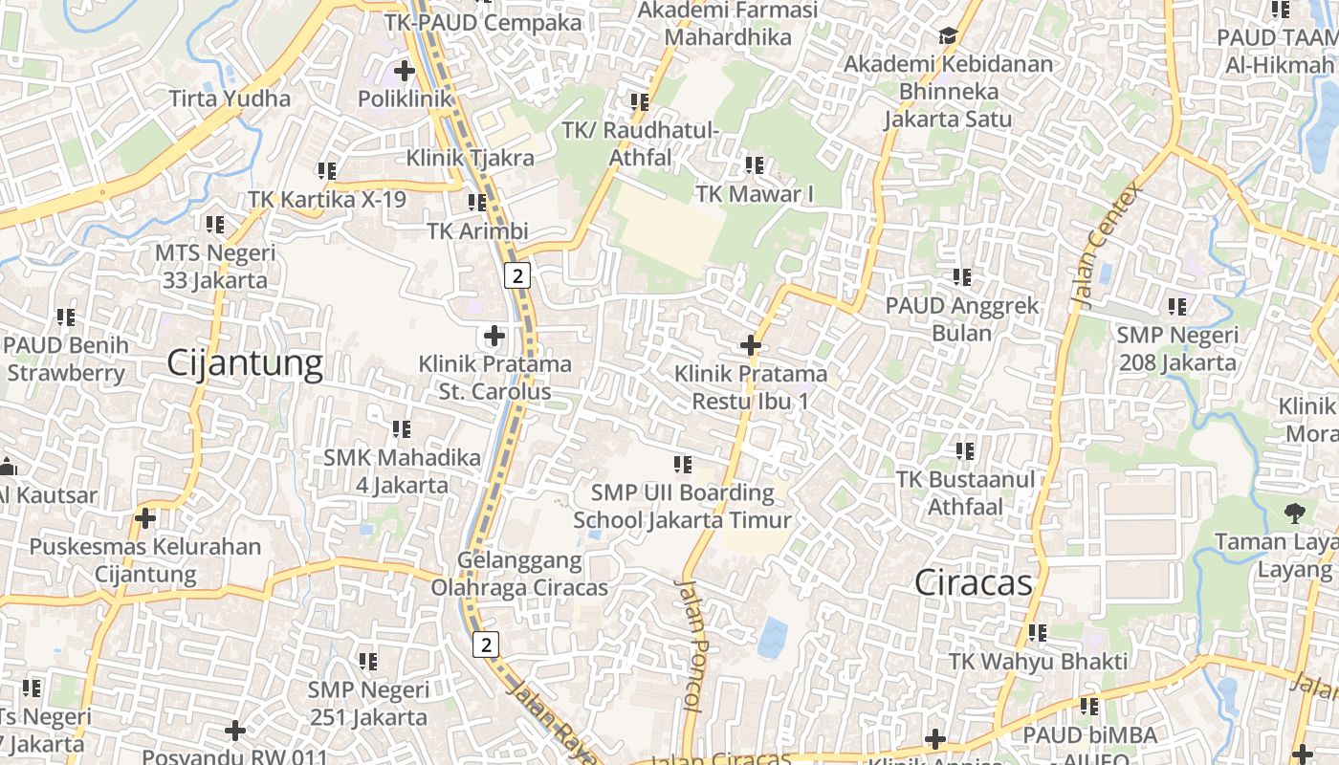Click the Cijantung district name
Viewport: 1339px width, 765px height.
(245, 363)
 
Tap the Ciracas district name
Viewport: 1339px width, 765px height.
(974, 582)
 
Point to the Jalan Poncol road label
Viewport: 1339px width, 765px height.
(691, 645)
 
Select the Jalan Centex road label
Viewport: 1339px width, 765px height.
(1109, 245)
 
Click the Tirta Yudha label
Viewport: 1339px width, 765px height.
(230, 98)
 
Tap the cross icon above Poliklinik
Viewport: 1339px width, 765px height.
(405, 70)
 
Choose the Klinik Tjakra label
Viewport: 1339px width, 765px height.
(470, 158)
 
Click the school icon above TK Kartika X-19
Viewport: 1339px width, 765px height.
(327, 171)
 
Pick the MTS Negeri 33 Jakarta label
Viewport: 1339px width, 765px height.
(215, 267)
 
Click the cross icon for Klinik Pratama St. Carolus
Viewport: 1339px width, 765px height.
(494, 336)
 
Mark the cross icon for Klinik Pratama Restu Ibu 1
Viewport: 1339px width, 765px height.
(751, 345)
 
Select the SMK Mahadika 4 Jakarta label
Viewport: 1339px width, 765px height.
(402, 471)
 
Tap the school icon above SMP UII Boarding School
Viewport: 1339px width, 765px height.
(683, 465)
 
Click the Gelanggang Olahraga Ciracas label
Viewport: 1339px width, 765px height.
(519, 574)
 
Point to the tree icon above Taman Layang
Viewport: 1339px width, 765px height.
(1295, 514)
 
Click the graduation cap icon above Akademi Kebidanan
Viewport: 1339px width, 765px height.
(948, 36)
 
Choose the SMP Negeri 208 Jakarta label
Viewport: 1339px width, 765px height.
(1177, 349)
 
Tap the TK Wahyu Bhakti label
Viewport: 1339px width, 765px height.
(1038, 661)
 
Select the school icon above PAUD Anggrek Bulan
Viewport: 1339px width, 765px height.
(962, 277)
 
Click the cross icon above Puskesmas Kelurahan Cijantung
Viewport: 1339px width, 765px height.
(145, 518)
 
